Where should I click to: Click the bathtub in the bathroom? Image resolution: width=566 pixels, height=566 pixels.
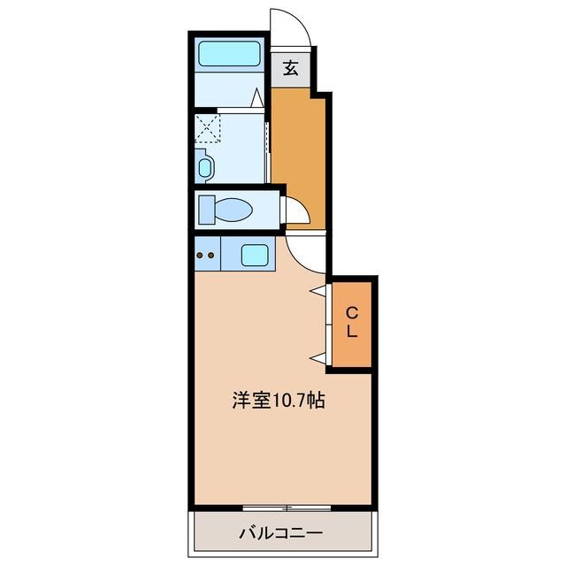click(229, 55)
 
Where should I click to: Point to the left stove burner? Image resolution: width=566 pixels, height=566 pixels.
click(201, 256)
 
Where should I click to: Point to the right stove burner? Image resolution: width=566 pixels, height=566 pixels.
click(212, 256)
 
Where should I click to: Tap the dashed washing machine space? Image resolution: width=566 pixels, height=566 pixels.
click(209, 126)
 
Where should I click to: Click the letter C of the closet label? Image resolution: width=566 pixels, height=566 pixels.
click(351, 311)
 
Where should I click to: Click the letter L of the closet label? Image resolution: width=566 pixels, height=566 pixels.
click(351, 333)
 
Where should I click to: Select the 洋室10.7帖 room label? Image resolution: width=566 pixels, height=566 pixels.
click(278, 400)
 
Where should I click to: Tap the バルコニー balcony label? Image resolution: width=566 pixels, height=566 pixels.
click(280, 534)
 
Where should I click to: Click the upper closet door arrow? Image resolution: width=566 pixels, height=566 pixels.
click(317, 290)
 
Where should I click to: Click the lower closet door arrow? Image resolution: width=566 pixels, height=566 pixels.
click(317, 357)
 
